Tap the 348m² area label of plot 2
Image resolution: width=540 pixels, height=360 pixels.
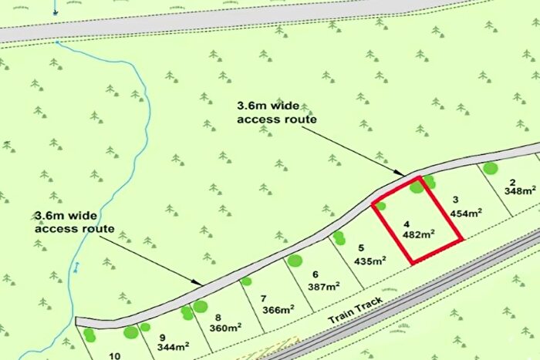tap(520, 190)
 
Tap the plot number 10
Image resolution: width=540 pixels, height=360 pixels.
tap(115, 355)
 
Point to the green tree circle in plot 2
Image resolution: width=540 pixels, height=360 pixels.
tap(489, 168)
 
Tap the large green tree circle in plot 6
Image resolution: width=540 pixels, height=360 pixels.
tap(294, 261)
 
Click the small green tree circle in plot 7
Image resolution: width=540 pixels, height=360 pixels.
tap(246, 281)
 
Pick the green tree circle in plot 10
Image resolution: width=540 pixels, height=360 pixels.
tap(90, 335)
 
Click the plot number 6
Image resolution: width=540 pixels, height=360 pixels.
tap(315, 274)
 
